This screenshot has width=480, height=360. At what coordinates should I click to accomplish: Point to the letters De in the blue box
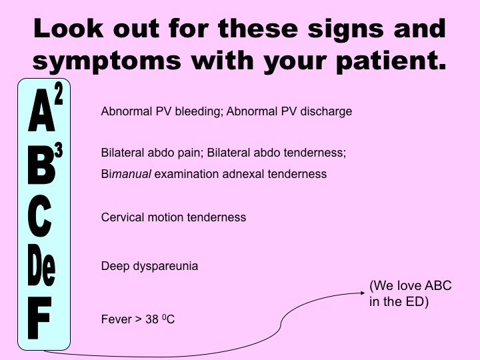[41, 267]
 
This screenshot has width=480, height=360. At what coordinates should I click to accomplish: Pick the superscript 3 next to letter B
[59, 151]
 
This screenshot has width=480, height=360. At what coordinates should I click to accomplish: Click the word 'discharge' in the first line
[327, 111]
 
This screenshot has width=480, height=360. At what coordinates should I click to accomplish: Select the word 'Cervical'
[121, 217]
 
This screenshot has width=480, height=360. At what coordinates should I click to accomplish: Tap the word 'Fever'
[114, 319]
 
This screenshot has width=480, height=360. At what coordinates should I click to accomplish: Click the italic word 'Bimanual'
[127, 174]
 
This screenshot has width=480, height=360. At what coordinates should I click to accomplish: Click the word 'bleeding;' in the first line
[199, 111]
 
